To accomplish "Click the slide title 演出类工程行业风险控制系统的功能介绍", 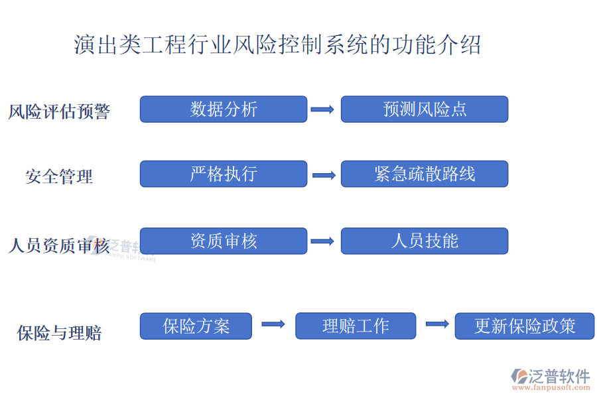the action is (x=277, y=45).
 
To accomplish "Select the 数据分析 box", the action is (x=224, y=109).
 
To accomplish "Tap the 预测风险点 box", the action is (x=425, y=109).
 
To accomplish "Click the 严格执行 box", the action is (x=224, y=174).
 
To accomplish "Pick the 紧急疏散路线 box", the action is (x=425, y=174).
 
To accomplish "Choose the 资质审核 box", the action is (x=224, y=241).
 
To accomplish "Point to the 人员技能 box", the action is (x=425, y=241).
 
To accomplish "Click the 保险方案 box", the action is (x=196, y=326).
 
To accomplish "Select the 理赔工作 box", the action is (x=356, y=326).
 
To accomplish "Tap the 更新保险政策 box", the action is (x=525, y=326).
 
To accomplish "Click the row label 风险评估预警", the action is (x=60, y=111).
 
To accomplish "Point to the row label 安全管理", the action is (x=59, y=176).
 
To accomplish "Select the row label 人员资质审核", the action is (x=59, y=245).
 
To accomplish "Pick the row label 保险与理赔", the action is (x=59, y=333).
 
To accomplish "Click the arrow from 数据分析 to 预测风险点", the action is (x=322, y=109).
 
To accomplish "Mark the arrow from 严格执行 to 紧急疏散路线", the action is (x=324, y=175).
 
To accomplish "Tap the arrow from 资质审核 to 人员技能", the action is (x=322, y=241).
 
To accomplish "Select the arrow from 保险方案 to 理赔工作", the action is (x=273, y=324).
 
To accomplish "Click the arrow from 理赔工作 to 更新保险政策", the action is (x=438, y=324).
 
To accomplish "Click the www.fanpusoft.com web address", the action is (x=551, y=387).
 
